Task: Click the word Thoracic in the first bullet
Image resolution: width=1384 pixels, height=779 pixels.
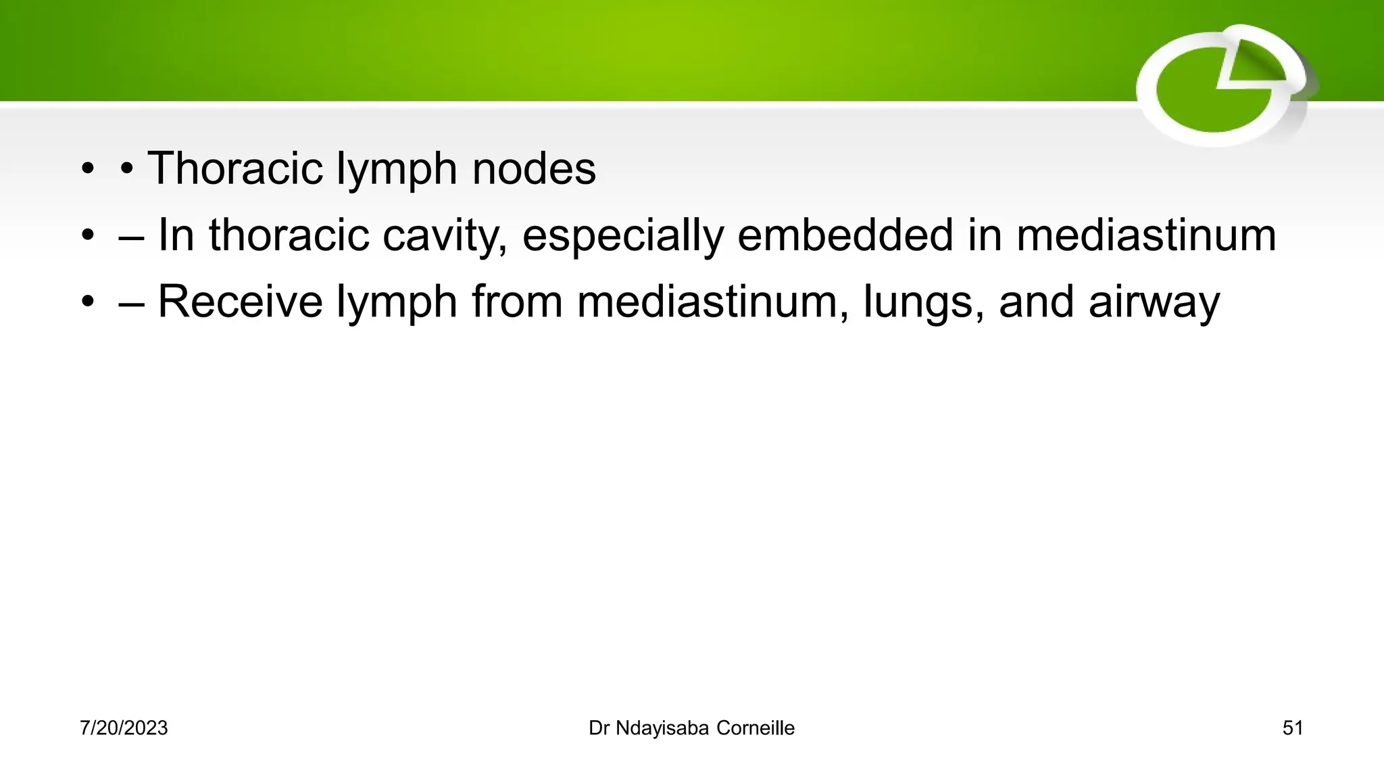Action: [x=234, y=168]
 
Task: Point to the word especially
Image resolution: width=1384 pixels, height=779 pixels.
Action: [x=622, y=235]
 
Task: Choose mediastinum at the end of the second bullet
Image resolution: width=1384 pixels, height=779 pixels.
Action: [x=1146, y=235]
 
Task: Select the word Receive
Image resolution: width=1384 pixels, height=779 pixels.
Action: [x=240, y=302]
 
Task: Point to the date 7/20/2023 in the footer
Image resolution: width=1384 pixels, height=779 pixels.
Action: [x=124, y=728]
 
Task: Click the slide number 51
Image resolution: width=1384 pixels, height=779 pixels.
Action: [x=1292, y=728]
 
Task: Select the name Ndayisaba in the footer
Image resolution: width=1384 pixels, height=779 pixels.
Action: [x=662, y=728]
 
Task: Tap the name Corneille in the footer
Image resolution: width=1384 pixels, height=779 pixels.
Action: [x=756, y=728]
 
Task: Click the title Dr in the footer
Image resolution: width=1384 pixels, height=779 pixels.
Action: [x=599, y=728]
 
